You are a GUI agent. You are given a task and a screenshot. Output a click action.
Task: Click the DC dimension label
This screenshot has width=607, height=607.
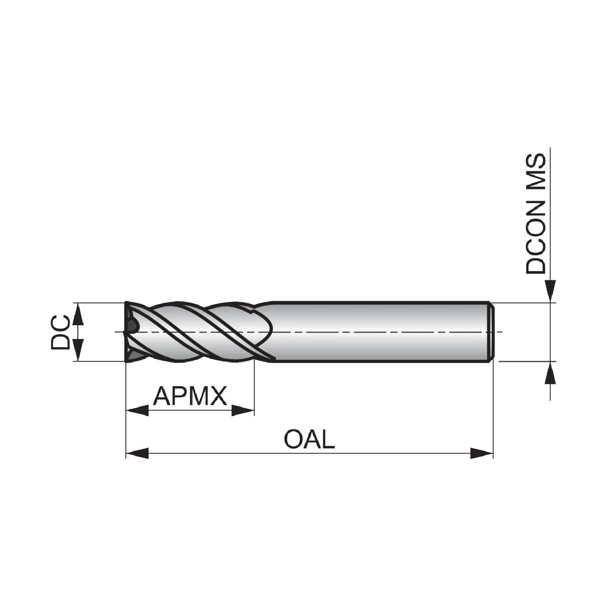point(60,332)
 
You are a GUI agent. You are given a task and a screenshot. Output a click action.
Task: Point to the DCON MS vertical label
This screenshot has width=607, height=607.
point(535,214)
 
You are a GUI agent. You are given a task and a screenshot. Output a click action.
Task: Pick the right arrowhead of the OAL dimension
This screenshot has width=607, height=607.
point(482,453)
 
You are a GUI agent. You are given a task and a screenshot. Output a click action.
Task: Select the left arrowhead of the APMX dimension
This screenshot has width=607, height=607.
point(138,410)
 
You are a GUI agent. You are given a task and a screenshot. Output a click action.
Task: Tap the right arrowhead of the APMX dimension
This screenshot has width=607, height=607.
point(243,410)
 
